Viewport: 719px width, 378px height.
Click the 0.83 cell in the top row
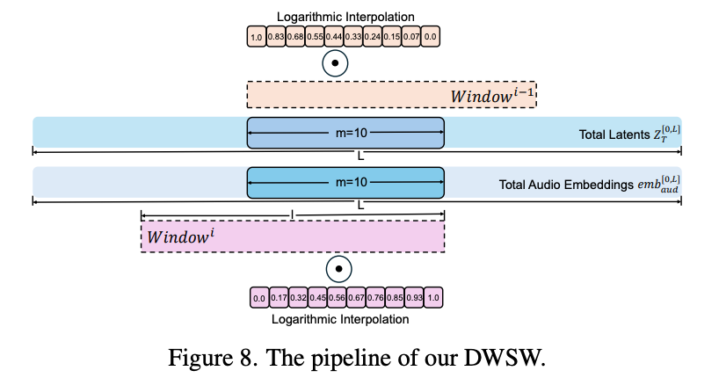[x=276, y=37]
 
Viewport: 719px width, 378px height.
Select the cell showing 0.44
[x=334, y=37]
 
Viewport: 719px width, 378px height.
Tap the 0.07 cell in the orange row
[x=411, y=37]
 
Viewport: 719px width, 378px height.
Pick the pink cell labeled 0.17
[x=279, y=298]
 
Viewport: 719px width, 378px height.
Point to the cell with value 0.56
[x=337, y=298]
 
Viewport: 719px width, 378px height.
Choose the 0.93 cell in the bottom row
[x=414, y=298]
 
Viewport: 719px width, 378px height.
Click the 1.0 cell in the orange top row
[x=257, y=37]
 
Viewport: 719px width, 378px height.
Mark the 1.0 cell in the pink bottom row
[x=433, y=298]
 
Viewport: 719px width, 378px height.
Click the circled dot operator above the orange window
[x=335, y=64]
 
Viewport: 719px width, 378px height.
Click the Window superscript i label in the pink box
[x=181, y=236]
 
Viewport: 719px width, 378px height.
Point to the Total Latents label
[x=627, y=134]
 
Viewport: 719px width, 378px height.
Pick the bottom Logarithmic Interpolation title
[x=339, y=319]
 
